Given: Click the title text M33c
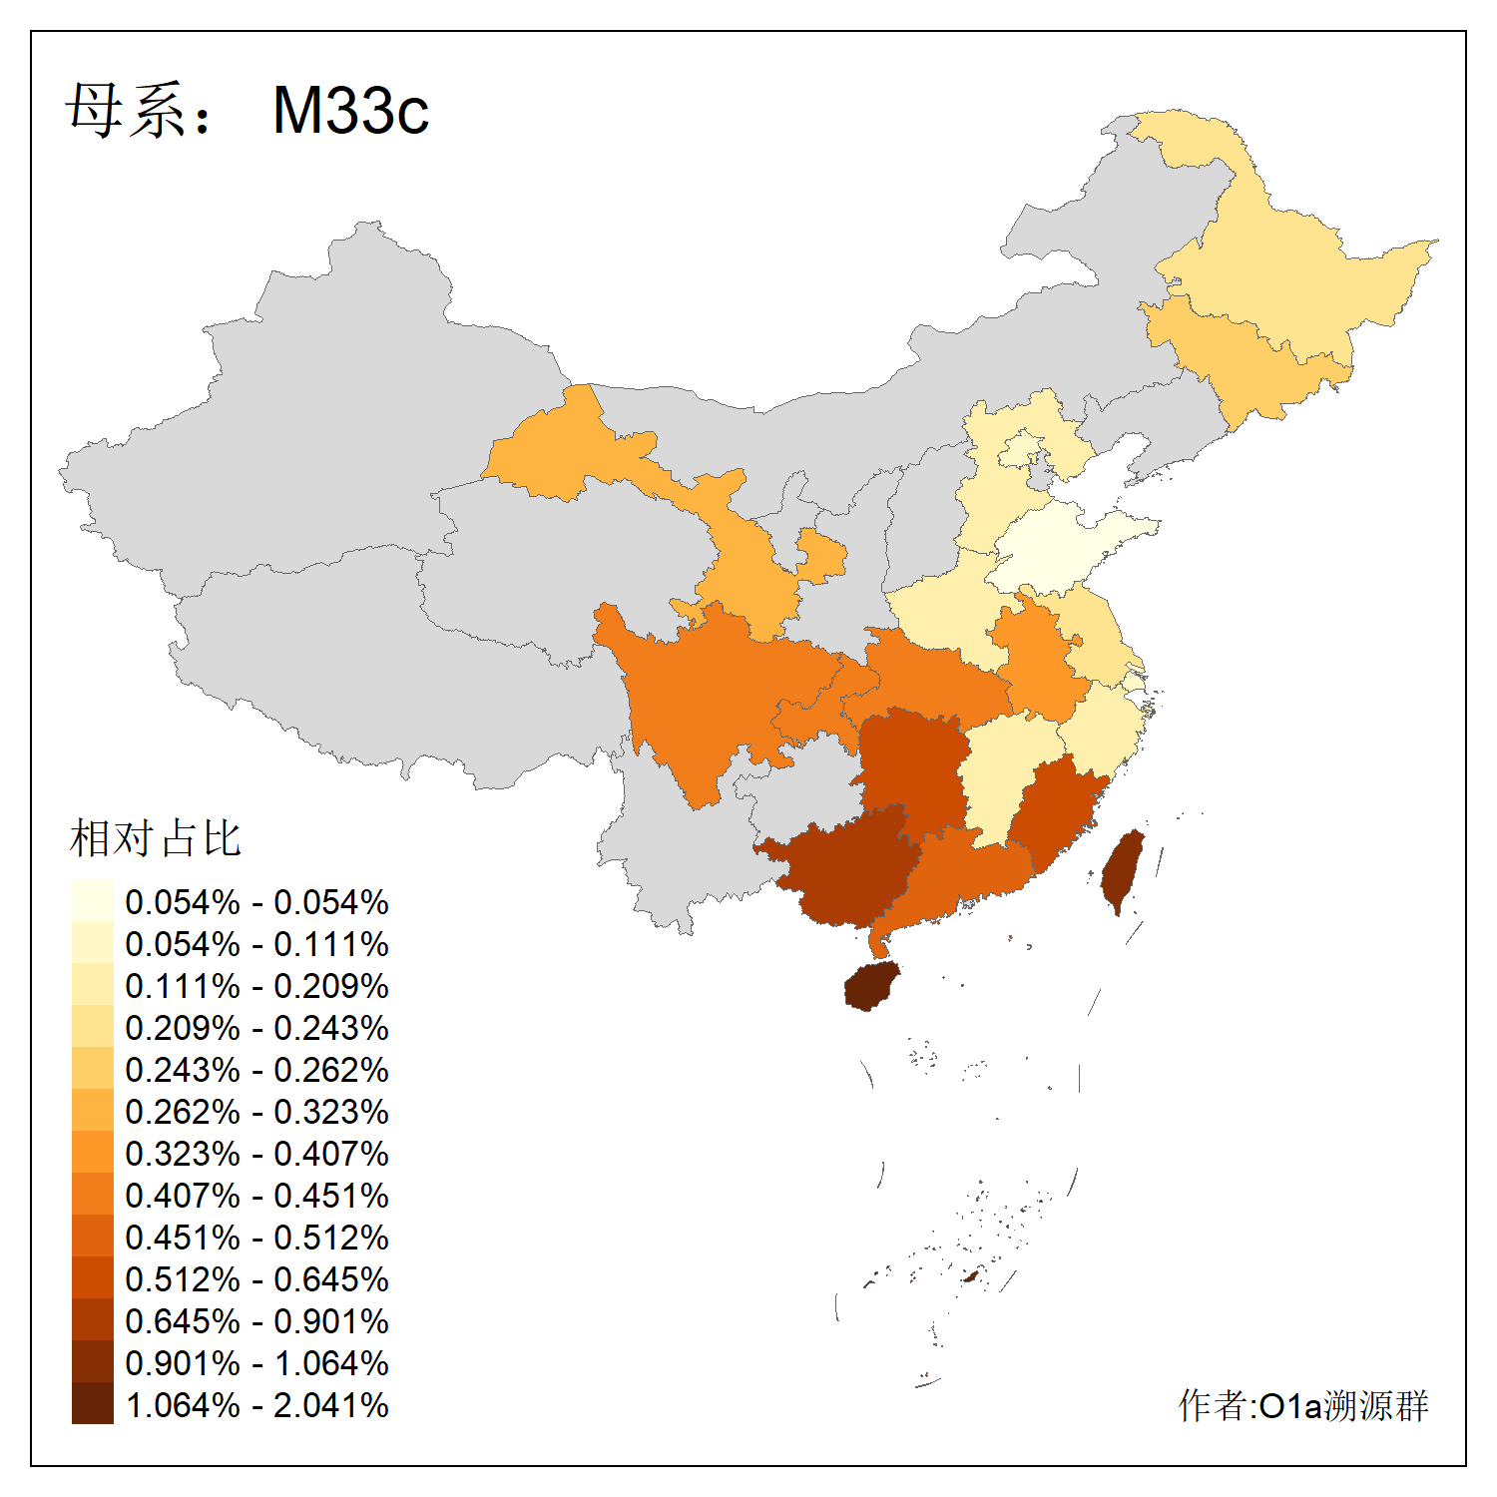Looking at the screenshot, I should [x=350, y=110].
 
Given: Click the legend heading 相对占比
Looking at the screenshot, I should [x=156, y=838].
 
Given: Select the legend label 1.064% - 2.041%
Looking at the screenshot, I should [x=256, y=1405].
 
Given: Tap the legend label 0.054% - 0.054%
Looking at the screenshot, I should [x=256, y=902].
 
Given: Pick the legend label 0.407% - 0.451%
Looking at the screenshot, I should [x=256, y=1196].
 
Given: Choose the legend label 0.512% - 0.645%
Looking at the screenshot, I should [x=256, y=1279].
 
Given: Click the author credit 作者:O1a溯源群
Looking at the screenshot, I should [x=1302, y=1405].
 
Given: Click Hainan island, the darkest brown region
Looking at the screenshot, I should [x=870, y=988].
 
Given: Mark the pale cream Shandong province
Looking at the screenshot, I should [x=1058, y=549].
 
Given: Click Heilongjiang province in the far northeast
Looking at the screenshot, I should [x=1297, y=279].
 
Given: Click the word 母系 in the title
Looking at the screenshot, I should [x=125, y=110].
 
